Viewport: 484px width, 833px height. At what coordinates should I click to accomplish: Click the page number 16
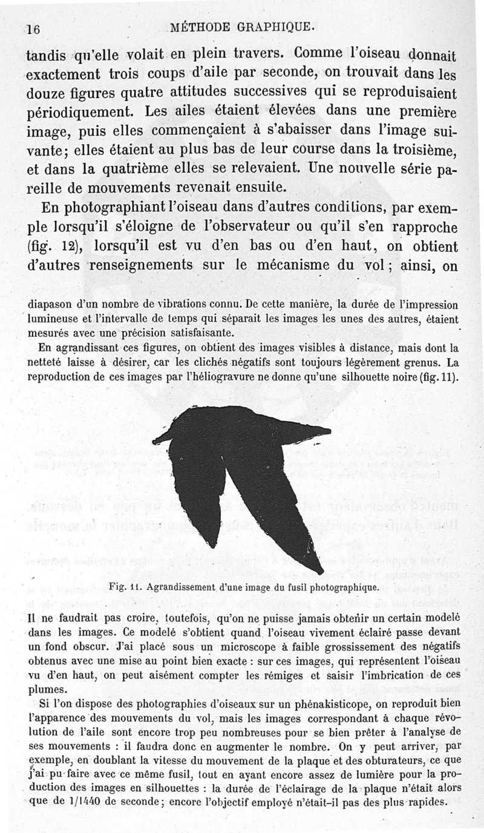[x=33, y=29]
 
